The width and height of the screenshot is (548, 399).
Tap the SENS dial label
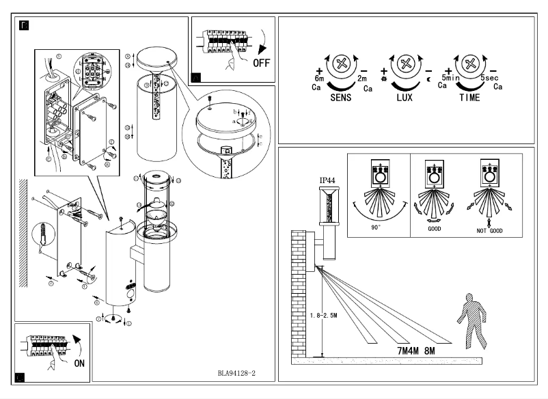(340, 98)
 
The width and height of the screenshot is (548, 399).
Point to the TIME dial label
(469, 98)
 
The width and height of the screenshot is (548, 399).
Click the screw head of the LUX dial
(407, 66)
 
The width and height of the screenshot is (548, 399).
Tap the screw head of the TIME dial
(469, 66)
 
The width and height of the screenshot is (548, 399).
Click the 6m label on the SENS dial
(318, 79)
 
